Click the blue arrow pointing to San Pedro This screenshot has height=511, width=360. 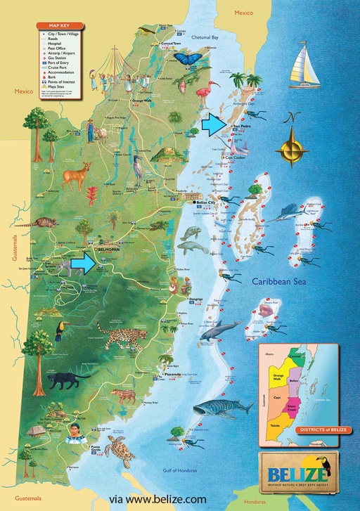tap(214, 125)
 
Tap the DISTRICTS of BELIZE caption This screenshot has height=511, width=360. tap(304, 448)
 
